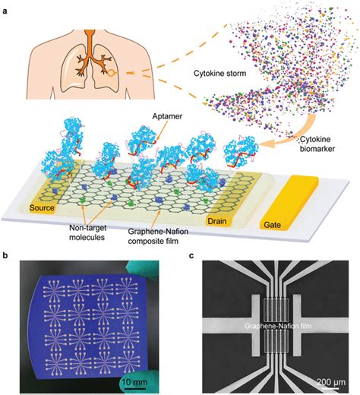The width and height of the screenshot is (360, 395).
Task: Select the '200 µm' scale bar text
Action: (331, 378)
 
